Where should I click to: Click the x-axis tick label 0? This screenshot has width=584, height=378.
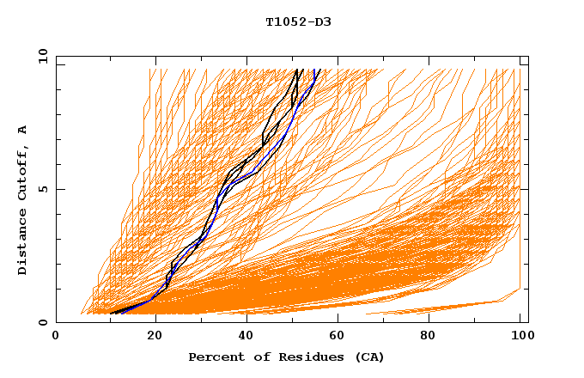click(56, 338)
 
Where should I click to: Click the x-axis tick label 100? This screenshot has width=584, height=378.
click(520, 338)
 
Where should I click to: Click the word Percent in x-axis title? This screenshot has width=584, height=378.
click(216, 357)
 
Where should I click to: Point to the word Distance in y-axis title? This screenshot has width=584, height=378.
click(23, 242)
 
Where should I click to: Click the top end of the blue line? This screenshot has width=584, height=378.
click(319, 70)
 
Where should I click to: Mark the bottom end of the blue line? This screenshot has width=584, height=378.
click(122, 313)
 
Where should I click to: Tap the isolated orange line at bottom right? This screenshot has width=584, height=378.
click(447, 308)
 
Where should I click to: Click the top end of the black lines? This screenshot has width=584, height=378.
click(299, 70)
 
